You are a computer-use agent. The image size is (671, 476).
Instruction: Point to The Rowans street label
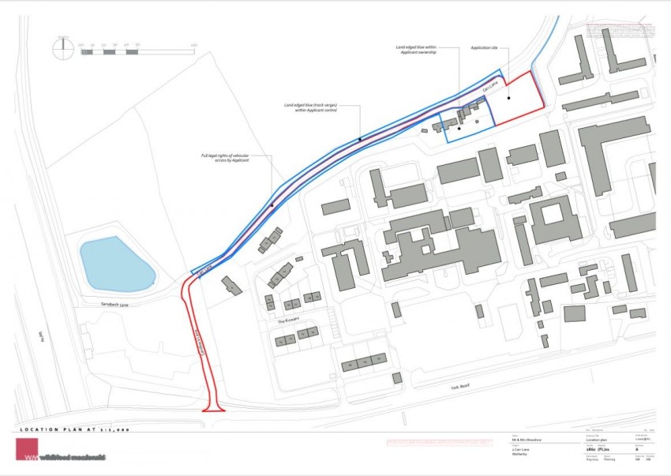(x=285, y=322)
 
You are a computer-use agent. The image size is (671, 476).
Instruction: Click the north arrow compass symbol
(x=62, y=47)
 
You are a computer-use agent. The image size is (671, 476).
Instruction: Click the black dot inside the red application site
(x=509, y=98)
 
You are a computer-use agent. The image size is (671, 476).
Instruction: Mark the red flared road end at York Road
(x=214, y=408)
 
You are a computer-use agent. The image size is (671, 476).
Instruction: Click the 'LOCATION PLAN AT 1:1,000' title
(x=74, y=429)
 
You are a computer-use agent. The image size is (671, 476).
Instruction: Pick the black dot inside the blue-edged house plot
(x=459, y=128)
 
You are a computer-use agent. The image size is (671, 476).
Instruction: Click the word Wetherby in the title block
(x=520, y=455)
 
